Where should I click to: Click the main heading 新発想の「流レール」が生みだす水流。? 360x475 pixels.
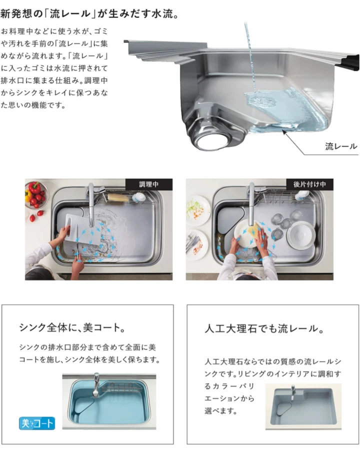89,13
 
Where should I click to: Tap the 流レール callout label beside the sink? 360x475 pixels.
341,146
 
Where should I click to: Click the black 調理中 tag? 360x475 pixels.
149,184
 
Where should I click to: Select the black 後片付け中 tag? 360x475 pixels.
309,184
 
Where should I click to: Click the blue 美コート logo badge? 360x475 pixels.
37,423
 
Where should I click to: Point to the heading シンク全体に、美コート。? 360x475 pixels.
72,327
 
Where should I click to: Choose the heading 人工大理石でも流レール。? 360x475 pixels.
264,328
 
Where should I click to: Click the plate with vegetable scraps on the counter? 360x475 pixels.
197,210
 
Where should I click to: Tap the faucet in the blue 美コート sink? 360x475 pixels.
96,384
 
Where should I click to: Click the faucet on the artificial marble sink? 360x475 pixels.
292,393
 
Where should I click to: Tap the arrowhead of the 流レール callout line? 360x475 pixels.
284,130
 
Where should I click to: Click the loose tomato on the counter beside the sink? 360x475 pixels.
32,218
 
